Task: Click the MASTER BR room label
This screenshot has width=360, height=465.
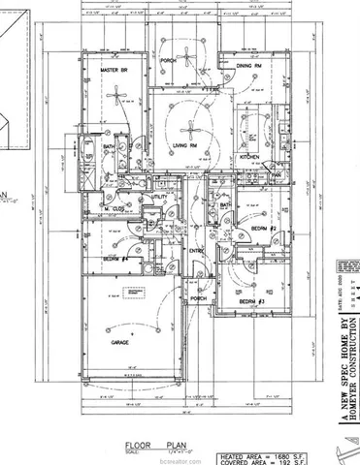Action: [x=117, y=70]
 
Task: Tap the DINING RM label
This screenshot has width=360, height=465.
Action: [x=249, y=65]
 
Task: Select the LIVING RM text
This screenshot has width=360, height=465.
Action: [x=187, y=144]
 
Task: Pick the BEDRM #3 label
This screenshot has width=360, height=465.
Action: [x=253, y=302]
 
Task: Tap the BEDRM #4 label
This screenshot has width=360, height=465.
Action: [x=116, y=260]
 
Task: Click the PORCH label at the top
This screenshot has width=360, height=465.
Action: [x=168, y=60]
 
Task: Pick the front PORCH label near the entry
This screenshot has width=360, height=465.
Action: [x=198, y=298]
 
